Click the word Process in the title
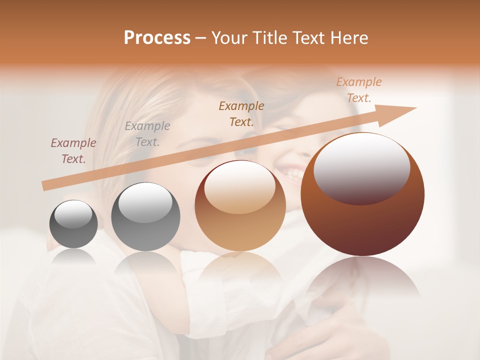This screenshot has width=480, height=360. [157, 38]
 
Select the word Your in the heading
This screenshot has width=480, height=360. [229, 38]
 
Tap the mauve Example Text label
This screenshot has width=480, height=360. [73, 150]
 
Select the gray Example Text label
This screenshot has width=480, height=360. [147, 133]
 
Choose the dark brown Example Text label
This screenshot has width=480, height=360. [241, 113]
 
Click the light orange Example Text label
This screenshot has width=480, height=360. [359, 90]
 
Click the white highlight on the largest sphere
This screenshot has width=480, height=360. [361, 167]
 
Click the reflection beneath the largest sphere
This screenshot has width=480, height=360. [362, 280]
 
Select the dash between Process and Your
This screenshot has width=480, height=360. [201, 38]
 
